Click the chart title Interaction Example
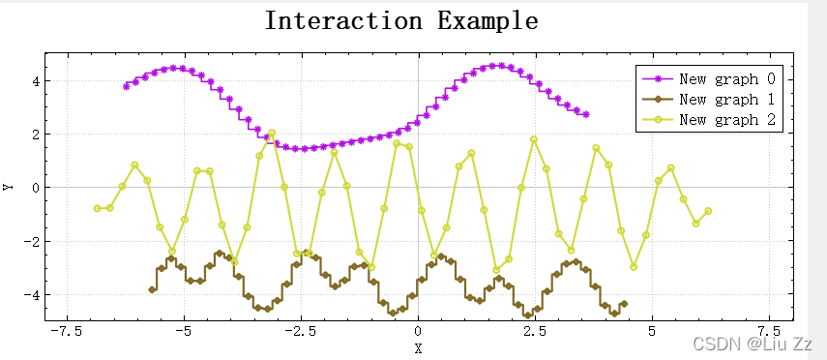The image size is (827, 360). pyautogui.click(x=401, y=20)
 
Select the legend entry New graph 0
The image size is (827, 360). pyautogui.click(x=726, y=78)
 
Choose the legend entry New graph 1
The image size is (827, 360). pyautogui.click(x=726, y=99)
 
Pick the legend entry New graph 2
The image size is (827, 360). pyautogui.click(x=726, y=120)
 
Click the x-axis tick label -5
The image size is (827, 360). pyautogui.click(x=183, y=331)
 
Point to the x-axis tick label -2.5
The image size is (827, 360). pyautogui.click(x=300, y=331)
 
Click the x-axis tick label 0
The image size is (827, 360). pyautogui.click(x=418, y=331)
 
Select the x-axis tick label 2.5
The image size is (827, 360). pyautogui.click(x=535, y=331)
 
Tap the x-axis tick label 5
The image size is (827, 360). pyautogui.click(x=653, y=331)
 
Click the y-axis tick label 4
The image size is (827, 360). pyautogui.click(x=34, y=80)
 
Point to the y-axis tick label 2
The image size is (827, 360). pyautogui.click(x=34, y=134)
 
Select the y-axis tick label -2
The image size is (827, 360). pyautogui.click(x=30, y=241)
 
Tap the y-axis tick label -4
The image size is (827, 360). pyautogui.click(x=30, y=294)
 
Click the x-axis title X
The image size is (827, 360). pyautogui.click(x=418, y=347)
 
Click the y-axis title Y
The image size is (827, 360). pyautogui.click(x=9, y=187)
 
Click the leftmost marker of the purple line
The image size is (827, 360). pyautogui.click(x=126, y=86)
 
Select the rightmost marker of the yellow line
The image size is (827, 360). pyautogui.click(x=708, y=211)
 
